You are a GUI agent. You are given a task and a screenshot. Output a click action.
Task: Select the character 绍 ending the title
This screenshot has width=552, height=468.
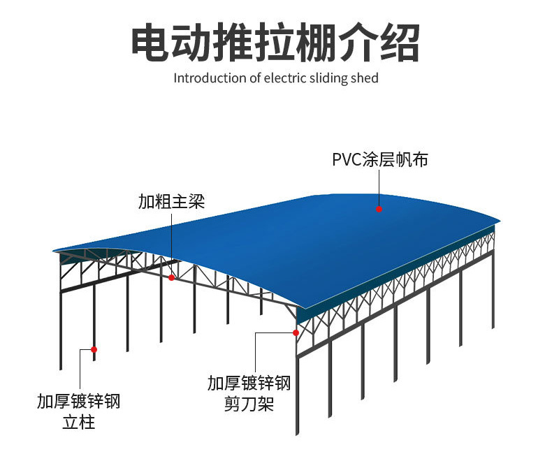[400, 43]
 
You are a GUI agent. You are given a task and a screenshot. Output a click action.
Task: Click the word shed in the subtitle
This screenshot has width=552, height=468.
[364, 78]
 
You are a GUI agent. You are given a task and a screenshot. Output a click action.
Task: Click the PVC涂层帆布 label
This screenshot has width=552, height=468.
[379, 159]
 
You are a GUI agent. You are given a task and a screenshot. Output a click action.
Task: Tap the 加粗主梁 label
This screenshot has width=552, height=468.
[171, 202]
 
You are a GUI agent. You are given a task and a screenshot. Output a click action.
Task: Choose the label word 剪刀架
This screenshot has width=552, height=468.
[248, 404]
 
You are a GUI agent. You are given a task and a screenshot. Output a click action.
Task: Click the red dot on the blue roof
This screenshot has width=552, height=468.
[379, 208]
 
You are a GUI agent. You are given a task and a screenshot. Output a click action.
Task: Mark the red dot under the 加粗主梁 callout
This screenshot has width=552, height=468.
[172, 277]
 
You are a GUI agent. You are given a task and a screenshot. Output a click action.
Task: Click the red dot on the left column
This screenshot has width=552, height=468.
[94, 349]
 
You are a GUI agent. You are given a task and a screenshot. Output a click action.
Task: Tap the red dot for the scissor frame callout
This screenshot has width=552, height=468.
[296, 332]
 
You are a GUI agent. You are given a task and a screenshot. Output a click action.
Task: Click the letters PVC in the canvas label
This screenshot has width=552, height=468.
[346, 159]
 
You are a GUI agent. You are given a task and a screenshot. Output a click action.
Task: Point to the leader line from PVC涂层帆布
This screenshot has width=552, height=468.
[379, 187]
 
